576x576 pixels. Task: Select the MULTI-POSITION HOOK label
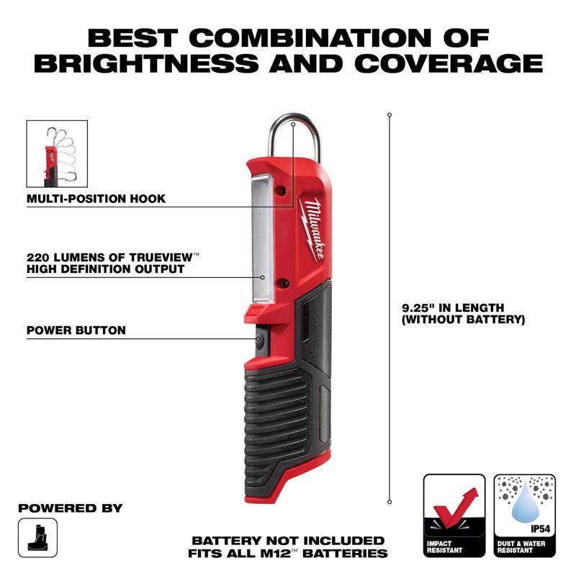pos(96,198)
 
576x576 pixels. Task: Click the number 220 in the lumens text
pos(38,256)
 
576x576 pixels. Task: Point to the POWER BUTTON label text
pos(76,330)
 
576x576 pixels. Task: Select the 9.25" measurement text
pos(418,307)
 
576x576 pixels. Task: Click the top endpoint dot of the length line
pos(390,114)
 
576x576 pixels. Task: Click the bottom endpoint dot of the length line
pos(390,502)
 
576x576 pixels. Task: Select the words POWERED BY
pos(70,508)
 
